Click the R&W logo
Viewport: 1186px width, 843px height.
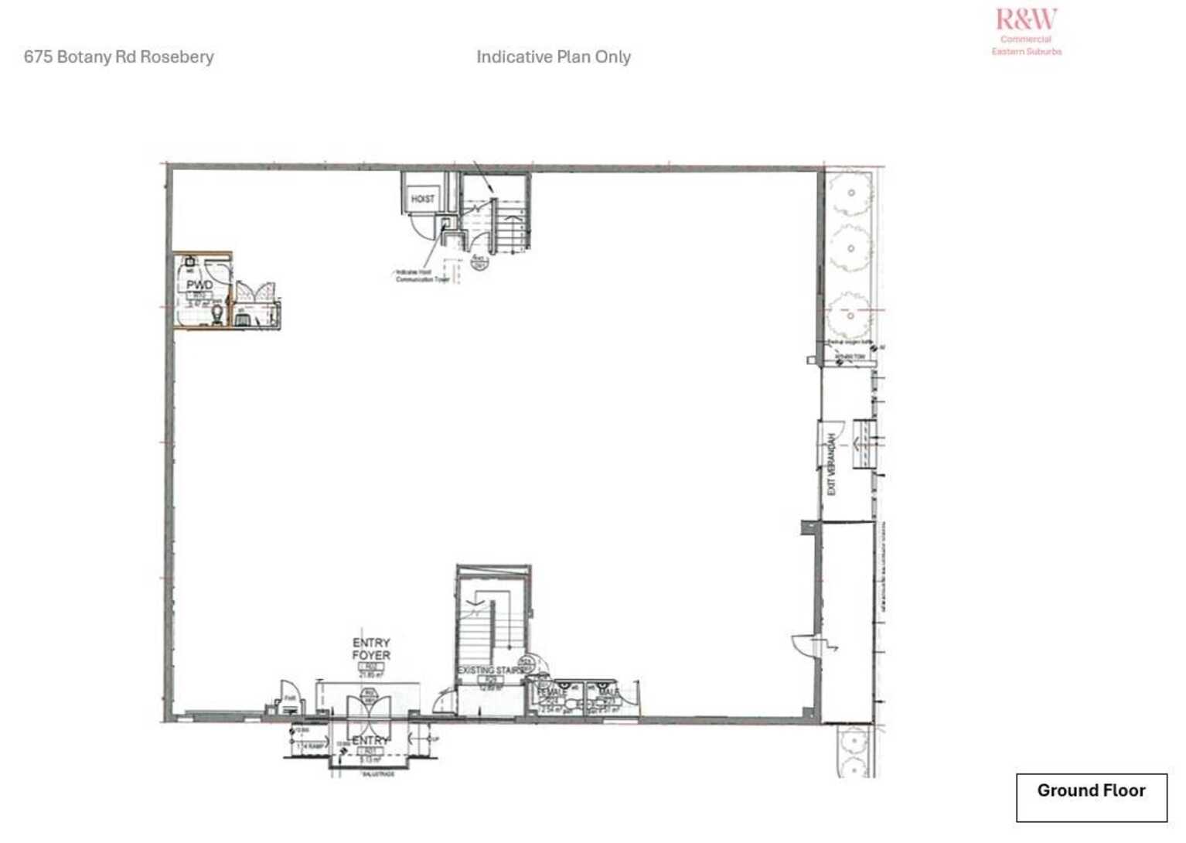(x=1026, y=19)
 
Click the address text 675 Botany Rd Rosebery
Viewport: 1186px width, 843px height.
(x=118, y=56)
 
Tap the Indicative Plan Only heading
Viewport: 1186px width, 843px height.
(x=553, y=56)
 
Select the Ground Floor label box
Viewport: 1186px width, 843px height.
(x=1091, y=797)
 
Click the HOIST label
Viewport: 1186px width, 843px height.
(x=422, y=199)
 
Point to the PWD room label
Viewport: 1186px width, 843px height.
(x=199, y=285)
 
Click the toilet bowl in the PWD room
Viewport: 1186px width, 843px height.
(x=218, y=314)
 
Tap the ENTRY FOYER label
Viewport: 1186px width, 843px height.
(x=371, y=649)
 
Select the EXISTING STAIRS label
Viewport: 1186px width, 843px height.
(x=490, y=671)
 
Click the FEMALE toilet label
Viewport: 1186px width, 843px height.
(x=550, y=693)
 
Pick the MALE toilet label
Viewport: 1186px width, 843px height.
(x=608, y=693)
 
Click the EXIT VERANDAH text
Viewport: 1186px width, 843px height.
(x=832, y=464)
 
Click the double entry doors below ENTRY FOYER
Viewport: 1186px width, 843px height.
(x=369, y=715)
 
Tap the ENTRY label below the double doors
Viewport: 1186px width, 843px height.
(x=369, y=741)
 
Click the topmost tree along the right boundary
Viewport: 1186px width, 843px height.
(x=851, y=193)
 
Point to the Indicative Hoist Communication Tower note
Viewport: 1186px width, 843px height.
(x=421, y=276)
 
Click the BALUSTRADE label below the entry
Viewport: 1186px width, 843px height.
(x=378, y=774)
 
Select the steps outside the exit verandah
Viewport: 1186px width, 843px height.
(x=864, y=444)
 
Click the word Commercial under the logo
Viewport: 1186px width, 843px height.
(x=1026, y=39)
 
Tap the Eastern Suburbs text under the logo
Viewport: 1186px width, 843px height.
(x=1027, y=52)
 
